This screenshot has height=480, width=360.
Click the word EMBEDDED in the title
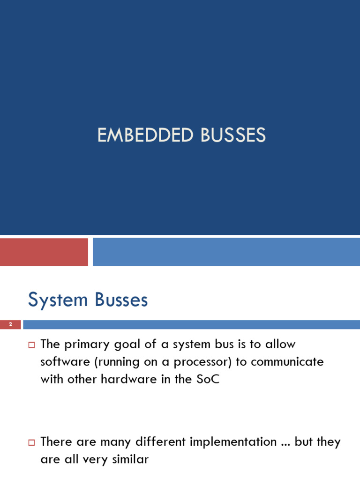pyautogui.click(x=145, y=135)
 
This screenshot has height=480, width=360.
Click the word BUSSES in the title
pyautogui.click(x=233, y=135)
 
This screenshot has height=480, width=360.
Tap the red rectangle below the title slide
pyautogui.click(x=44, y=252)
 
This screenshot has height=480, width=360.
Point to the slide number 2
pyautogui.click(x=10, y=324)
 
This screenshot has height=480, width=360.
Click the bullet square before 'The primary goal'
pyautogui.click(x=32, y=345)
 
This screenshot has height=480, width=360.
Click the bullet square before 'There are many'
pyautogui.click(x=32, y=442)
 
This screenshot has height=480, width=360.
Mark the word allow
pyautogui.click(x=279, y=345)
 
